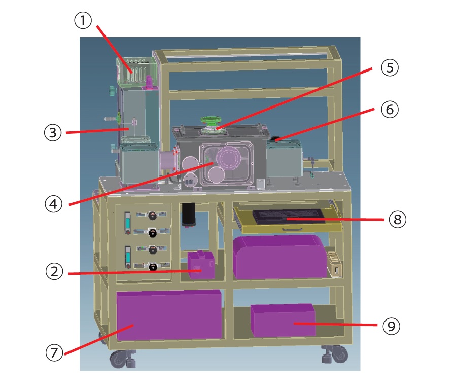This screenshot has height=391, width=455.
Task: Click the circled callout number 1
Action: click(83, 20)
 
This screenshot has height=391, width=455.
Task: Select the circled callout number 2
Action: click(54, 271)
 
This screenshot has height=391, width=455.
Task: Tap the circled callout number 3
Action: click(53, 132)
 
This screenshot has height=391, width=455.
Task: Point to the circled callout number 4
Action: click(53, 204)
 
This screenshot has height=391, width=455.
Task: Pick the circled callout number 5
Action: click(390, 67)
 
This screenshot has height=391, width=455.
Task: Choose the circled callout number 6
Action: click(390, 110)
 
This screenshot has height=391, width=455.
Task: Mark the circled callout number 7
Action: click(54, 352)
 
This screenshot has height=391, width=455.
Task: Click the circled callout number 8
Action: click(397, 219)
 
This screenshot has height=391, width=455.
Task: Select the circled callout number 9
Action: click(392, 326)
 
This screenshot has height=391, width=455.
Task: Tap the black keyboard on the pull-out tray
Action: click(289, 217)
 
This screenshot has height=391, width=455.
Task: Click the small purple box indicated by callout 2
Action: click(201, 265)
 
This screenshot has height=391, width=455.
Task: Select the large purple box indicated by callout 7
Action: click(169, 315)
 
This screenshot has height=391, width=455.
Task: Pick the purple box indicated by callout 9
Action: click(283, 320)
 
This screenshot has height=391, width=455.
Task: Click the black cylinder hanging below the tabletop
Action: click(189, 215)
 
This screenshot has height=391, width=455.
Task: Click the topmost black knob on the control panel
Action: click(152, 215)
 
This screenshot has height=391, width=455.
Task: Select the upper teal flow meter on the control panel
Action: click(127, 223)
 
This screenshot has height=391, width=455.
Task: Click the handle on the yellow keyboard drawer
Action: click(292, 230)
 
